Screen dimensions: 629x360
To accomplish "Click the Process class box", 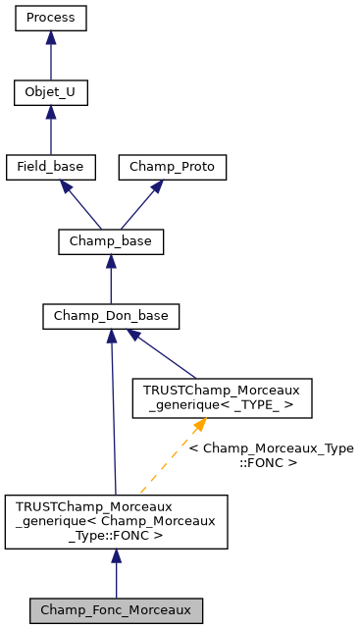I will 50,18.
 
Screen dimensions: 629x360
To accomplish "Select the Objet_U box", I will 50,93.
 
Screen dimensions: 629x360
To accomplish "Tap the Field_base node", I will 50,167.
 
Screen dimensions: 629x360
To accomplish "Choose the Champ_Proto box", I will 173,167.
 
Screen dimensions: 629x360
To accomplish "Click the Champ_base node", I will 111,241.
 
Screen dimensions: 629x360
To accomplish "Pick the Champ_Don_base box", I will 111,316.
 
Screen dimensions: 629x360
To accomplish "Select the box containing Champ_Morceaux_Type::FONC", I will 116,521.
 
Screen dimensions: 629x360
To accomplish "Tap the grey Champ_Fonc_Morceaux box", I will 116,609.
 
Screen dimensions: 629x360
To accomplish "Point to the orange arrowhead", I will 199,424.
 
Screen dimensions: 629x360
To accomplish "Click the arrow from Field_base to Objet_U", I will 50,131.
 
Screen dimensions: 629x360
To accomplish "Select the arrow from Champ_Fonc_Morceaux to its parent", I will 116,572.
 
